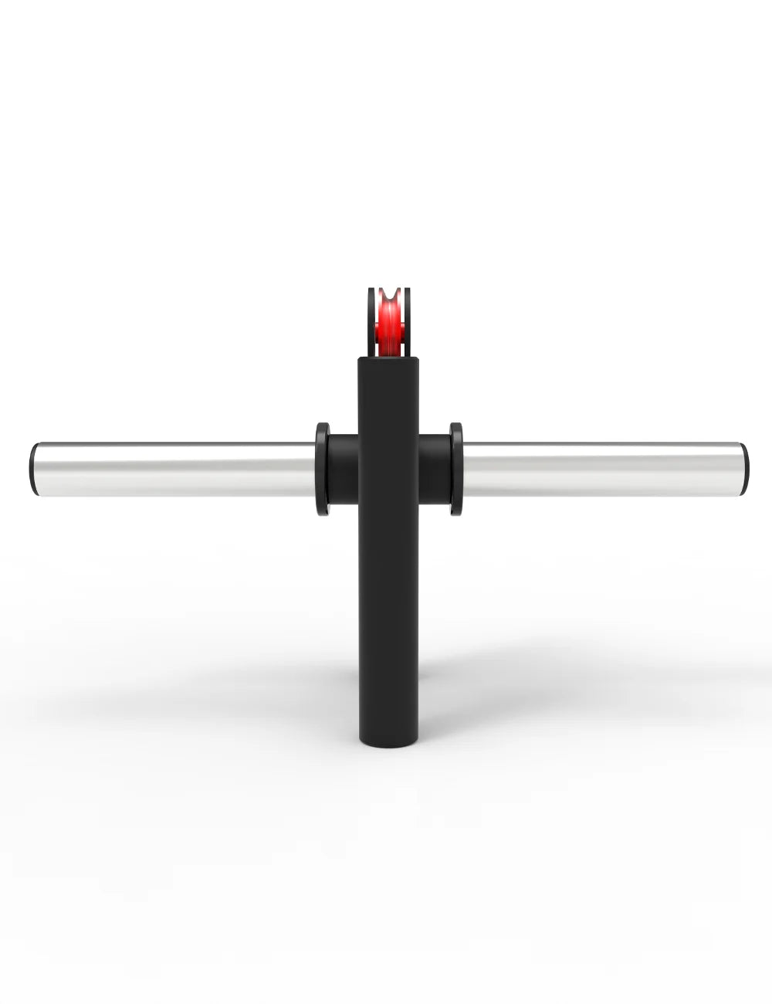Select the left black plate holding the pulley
pyautogui.click(x=371, y=321)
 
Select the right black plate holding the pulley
pyautogui.click(x=408, y=321)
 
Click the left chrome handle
pyautogui.click(x=174, y=468)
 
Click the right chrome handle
pyautogui.click(x=602, y=468)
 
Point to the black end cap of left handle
pyautogui.click(x=32, y=468)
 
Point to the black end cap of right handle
pyautogui.click(x=743, y=468)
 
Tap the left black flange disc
pyautogui.click(x=322, y=468)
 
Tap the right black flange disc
pyautogui.click(x=456, y=468)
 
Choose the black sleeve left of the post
pyautogui.click(x=343, y=468)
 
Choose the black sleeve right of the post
pyautogui.click(x=435, y=468)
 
